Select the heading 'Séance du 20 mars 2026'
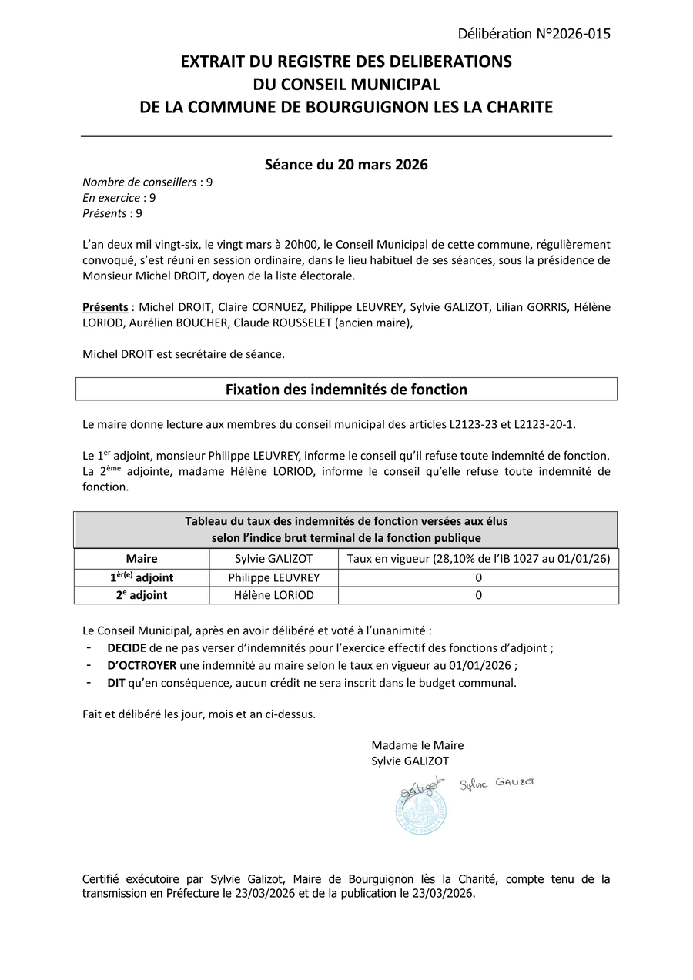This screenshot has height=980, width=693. tap(346, 165)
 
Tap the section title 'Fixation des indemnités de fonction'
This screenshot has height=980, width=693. tap(346, 390)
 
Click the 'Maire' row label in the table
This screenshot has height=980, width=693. tap(142, 559)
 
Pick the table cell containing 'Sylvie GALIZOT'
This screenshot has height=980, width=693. tap(273, 559)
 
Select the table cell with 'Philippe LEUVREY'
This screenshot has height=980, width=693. tap(273, 577)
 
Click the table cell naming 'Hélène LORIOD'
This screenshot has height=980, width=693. tap(273, 595)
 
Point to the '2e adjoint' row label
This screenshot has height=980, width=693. tap(142, 595)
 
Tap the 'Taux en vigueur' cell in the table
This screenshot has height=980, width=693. tap(478, 559)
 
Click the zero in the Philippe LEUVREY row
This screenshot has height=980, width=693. tap(478, 577)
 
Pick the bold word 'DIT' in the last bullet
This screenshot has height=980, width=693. tap(117, 683)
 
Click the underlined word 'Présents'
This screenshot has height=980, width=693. tap(105, 307)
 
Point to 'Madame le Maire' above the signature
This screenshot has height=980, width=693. tap(417, 745)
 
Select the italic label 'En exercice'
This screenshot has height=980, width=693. tap(112, 198)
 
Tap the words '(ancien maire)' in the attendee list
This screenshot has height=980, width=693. tap(373, 323)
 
